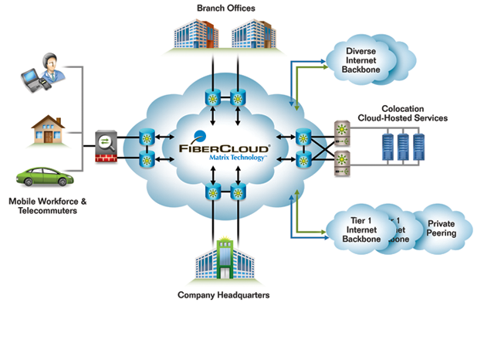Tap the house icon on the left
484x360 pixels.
click(x=48, y=128)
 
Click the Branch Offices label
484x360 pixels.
click(x=226, y=8)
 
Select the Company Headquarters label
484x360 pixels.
click(x=224, y=295)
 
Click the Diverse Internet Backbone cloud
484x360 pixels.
click(x=361, y=59)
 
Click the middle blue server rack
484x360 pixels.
click(x=402, y=148)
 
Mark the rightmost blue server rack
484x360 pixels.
click(x=419, y=148)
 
